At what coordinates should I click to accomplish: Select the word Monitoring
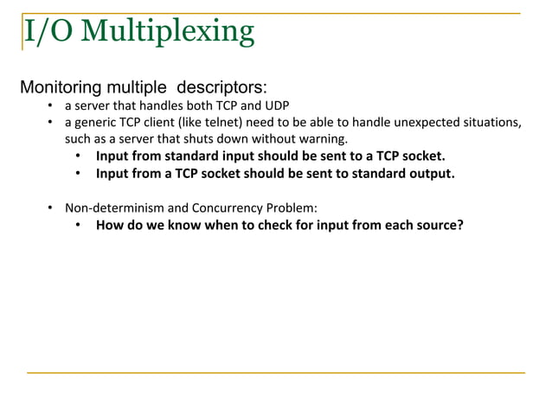(61, 88)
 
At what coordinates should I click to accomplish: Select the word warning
(324, 139)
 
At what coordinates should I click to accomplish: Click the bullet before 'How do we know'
(78, 226)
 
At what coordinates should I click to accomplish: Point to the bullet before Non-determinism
(51, 208)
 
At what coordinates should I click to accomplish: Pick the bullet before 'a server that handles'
(51, 106)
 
